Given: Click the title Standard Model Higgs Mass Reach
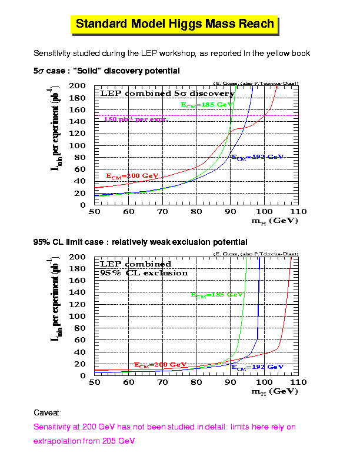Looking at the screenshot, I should [x=175, y=24].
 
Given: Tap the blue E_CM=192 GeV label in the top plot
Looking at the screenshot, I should [x=257, y=158].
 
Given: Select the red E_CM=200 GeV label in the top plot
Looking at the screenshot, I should [x=132, y=176].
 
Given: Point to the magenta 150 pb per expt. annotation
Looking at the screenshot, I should [x=135, y=119].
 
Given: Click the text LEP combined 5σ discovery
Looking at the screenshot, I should [x=167, y=94].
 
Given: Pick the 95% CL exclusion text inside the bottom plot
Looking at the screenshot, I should [x=144, y=273].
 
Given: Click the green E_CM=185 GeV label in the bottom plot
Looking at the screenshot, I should [x=217, y=294].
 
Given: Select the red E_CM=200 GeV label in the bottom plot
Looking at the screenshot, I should [x=160, y=365].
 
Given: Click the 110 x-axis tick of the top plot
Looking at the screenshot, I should [x=298, y=211].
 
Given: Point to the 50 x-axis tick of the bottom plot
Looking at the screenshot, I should [x=94, y=382].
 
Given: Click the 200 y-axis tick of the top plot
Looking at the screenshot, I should [x=78, y=86].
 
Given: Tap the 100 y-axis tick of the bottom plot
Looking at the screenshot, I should [x=78, y=316].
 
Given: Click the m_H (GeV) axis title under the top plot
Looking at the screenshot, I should [x=275, y=221].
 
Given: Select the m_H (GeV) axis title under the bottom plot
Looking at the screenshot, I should [x=275, y=391].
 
